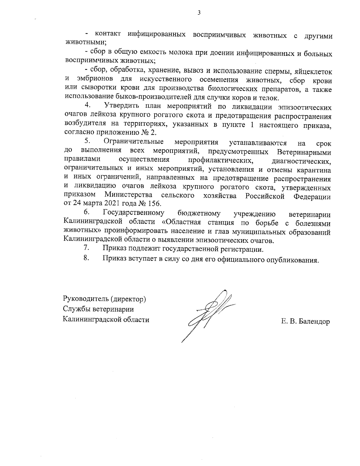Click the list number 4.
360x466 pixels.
pyautogui.click(x=88, y=106)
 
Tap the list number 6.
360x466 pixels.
pyautogui.click(x=87, y=212)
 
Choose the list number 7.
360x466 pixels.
pyautogui.click(x=87, y=248)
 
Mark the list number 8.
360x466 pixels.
pyautogui.click(x=87, y=258)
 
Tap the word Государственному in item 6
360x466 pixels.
pyautogui.click(x=133, y=213)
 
